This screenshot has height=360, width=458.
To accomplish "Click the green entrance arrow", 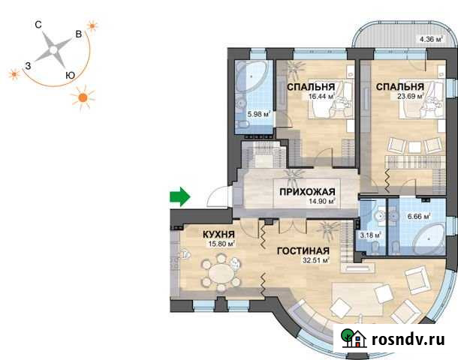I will [x=179, y=197].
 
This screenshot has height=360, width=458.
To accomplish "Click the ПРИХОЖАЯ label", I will [x=306, y=190].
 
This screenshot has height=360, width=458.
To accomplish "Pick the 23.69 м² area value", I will [x=406, y=96].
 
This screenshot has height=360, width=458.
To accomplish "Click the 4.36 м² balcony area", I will [x=432, y=39].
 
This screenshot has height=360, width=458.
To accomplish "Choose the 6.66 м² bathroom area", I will [x=417, y=217].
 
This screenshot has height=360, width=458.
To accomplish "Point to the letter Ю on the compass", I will [x=69, y=74].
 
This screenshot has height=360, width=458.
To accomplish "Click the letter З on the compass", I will [x=28, y=66].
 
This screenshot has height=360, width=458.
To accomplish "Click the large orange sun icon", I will [x=84, y=97].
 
